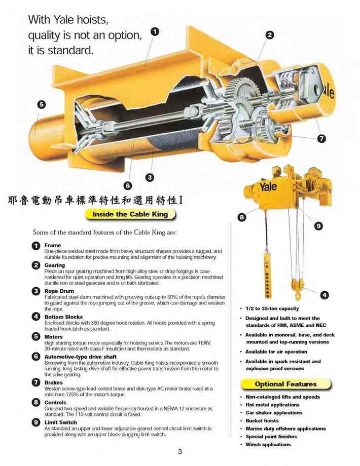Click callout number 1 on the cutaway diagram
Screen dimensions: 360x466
(x=155, y=31)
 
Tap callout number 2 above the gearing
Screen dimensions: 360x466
(x=270, y=35)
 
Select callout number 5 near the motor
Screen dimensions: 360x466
(x=42, y=104)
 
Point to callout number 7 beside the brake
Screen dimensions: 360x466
(x=321, y=138)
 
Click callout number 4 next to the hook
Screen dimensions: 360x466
(x=325, y=295)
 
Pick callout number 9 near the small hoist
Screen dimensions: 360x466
(x=318, y=226)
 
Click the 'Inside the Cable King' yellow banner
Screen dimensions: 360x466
(x=130, y=214)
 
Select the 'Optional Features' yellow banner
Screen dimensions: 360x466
(x=285, y=384)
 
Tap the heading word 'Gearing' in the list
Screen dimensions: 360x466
(x=54, y=265)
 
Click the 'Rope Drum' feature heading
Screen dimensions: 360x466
(x=59, y=291)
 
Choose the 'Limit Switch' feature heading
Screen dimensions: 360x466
(x=61, y=422)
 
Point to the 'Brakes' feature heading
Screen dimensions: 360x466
(x=54, y=382)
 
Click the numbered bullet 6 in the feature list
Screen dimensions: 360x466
(x=36, y=356)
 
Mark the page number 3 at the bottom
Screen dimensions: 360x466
(x=179, y=452)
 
